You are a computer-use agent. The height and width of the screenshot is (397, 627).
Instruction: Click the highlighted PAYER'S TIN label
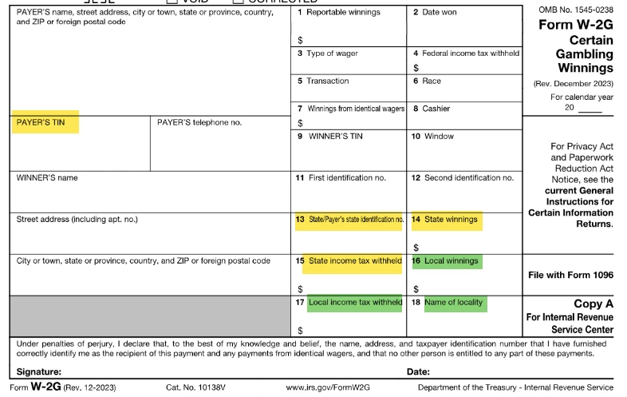pyautogui.click(x=41, y=122)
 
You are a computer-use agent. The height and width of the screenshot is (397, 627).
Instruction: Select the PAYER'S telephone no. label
pyautogui.click(x=199, y=122)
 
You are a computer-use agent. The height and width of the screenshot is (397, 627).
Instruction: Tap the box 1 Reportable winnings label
pyautogui.click(x=338, y=13)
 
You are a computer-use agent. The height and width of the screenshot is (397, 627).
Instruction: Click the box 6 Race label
pyautogui.click(x=432, y=81)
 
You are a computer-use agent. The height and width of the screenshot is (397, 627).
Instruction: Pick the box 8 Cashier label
pyautogui.click(x=436, y=109)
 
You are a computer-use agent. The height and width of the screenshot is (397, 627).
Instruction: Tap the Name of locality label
pyautogui.click(x=454, y=303)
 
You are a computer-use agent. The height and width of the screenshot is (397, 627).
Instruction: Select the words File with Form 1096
pyautogui.click(x=570, y=275)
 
